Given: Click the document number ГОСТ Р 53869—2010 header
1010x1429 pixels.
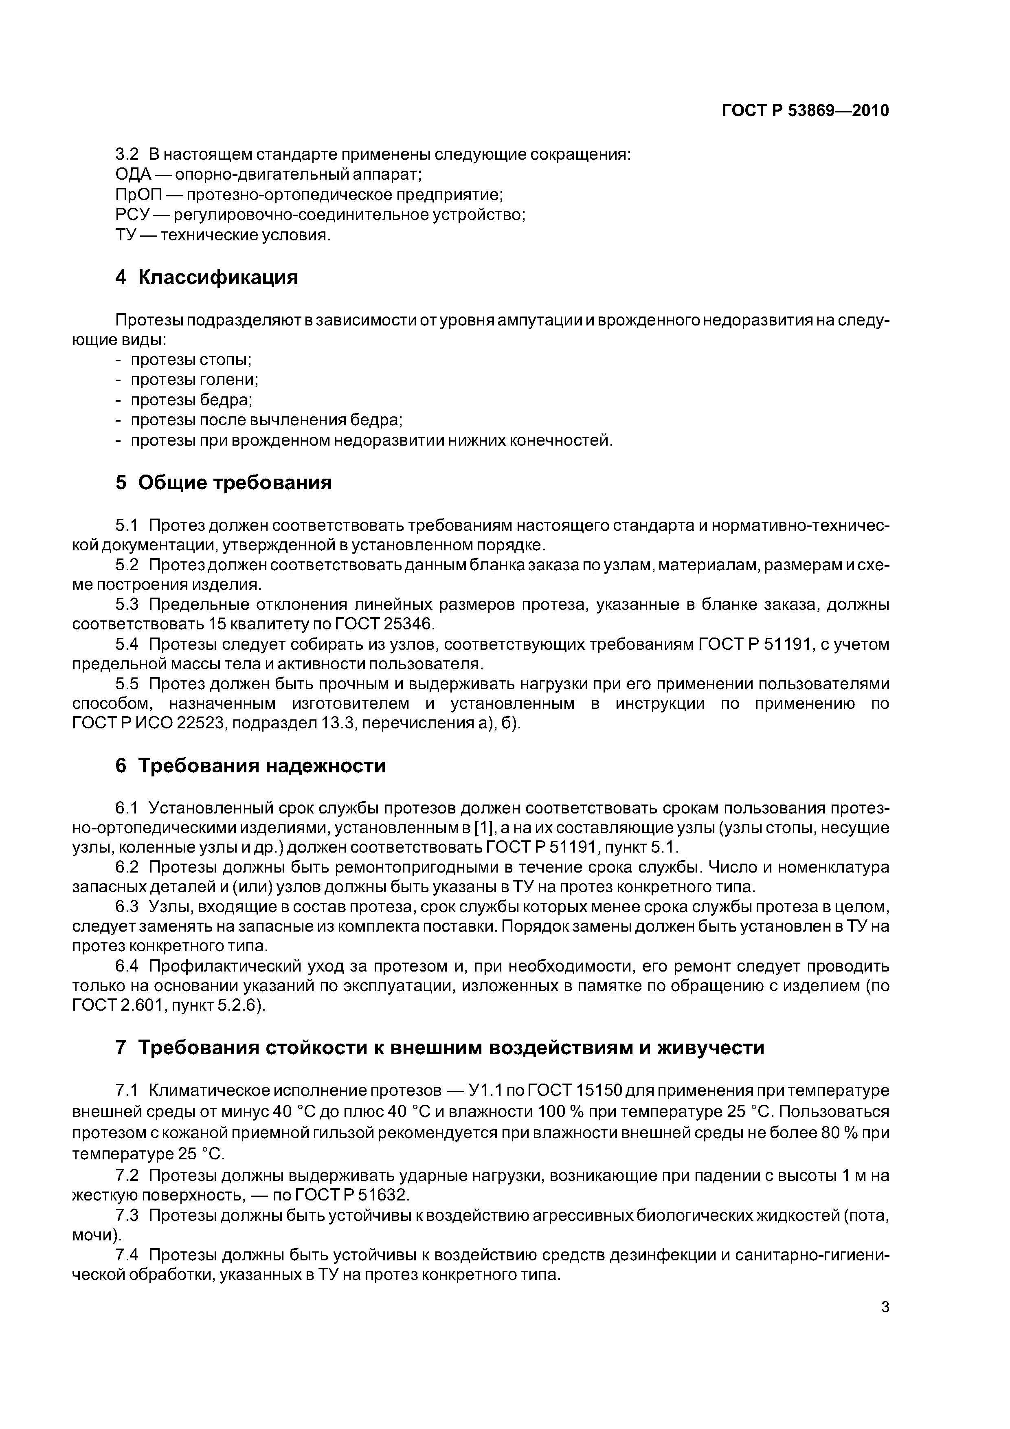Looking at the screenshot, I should (805, 111).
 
